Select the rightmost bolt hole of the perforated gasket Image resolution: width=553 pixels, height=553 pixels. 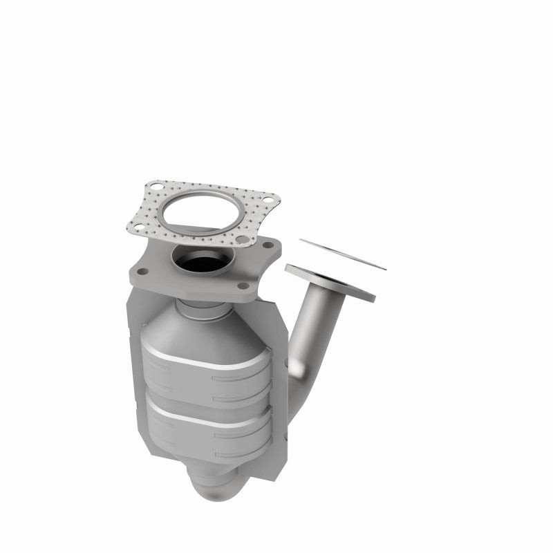[272, 205]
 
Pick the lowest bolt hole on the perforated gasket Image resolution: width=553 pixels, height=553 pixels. [243, 241]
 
